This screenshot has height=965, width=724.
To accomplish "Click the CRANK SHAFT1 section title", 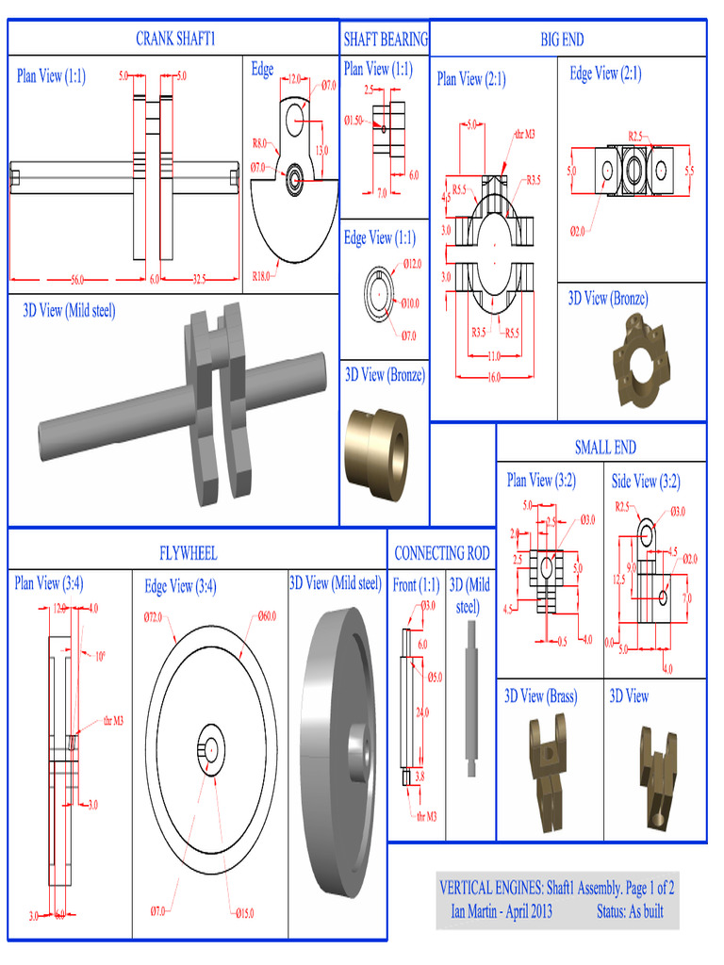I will pos(175,39).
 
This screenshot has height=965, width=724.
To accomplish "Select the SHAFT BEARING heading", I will pos(385,39).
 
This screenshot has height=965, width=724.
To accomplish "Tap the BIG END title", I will pos(562,39).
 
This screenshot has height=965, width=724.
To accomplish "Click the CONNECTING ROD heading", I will pos(441,553).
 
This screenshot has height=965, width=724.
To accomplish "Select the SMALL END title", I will pos(605,447).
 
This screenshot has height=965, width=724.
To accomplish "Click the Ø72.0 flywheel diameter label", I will pos(155,617).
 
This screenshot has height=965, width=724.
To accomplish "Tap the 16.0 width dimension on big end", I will pos(493,377).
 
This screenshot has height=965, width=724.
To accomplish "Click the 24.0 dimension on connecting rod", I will pos(422,712).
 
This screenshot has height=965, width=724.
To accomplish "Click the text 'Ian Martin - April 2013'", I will pos(502,911).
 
